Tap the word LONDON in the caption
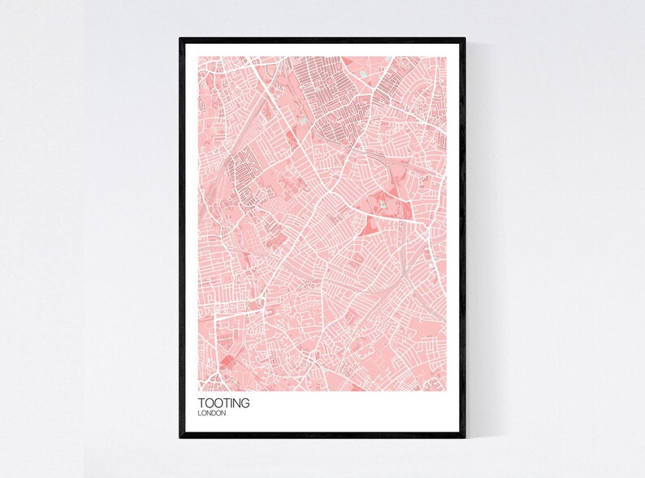pos(213,413)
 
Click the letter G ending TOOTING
pos(245,402)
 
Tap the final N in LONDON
pos(226,413)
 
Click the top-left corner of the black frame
pos(181,38)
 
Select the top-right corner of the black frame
pos(465,38)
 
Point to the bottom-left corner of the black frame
pos(181,437)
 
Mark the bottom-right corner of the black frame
pos(465,437)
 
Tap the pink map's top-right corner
pos(447,56)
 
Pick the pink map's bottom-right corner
pos(447,390)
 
